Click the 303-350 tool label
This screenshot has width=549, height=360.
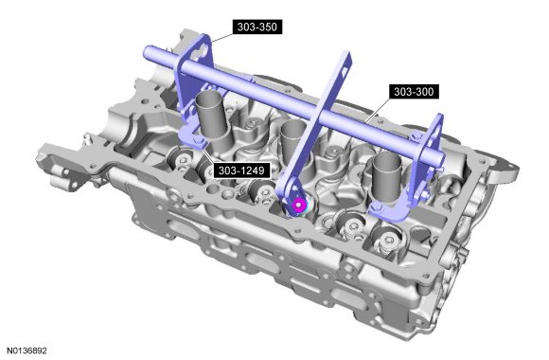pos(257,27)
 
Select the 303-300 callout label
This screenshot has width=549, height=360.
pos(414,92)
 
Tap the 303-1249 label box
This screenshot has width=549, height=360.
pos(241,171)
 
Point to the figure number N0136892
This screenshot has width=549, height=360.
pos(27,351)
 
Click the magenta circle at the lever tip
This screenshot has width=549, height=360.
pos(298,205)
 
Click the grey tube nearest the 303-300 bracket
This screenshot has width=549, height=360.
pos(387,179)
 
